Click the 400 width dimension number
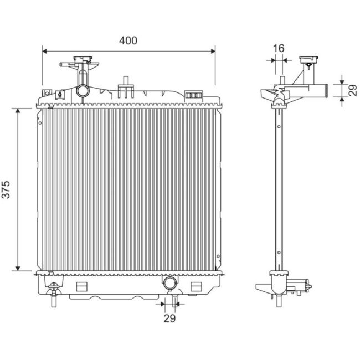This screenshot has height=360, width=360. pos(128,40)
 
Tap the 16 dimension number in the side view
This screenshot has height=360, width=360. pos(279,48)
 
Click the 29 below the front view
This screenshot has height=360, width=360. pos(169,318)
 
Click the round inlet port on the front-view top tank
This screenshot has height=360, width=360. pos(83,90)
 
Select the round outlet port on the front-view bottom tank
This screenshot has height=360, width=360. pos(170,284)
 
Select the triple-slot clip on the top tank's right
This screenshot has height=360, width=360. pos(192,96)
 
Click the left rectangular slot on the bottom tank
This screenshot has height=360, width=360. pos(82,286)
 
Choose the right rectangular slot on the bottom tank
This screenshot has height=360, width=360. pos(196,286)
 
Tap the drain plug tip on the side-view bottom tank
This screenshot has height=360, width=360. pos(308,287)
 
